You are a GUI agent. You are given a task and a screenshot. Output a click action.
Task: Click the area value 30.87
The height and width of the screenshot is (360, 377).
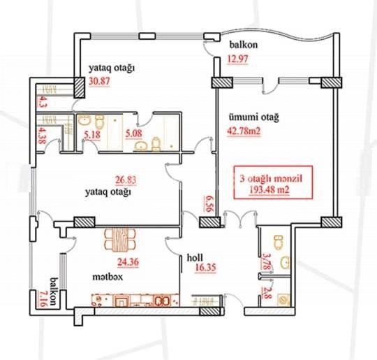(x=101, y=82)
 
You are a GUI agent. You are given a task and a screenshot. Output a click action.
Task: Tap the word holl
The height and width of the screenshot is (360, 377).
(x=195, y=257)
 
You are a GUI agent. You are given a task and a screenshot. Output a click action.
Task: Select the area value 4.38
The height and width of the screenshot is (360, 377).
(x=42, y=134)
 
